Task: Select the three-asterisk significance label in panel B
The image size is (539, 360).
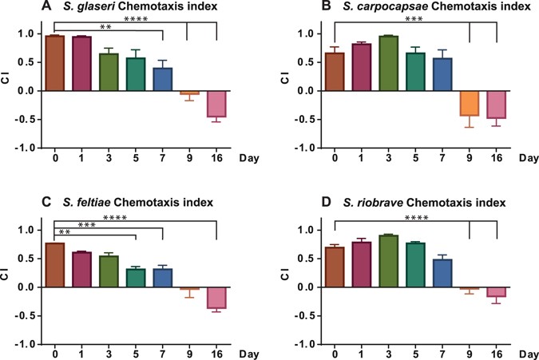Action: (414, 18)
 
